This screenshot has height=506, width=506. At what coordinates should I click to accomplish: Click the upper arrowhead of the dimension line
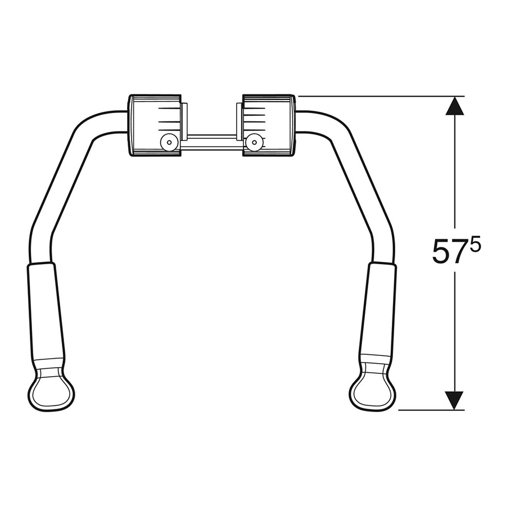tap(454, 105)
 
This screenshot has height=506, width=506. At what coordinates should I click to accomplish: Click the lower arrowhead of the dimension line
tap(454, 400)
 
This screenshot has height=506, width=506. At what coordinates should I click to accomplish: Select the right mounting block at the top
tap(268, 125)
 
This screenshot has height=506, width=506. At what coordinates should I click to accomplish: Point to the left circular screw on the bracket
tap(166, 142)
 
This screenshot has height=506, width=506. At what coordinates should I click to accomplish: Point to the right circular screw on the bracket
tap(256, 142)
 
